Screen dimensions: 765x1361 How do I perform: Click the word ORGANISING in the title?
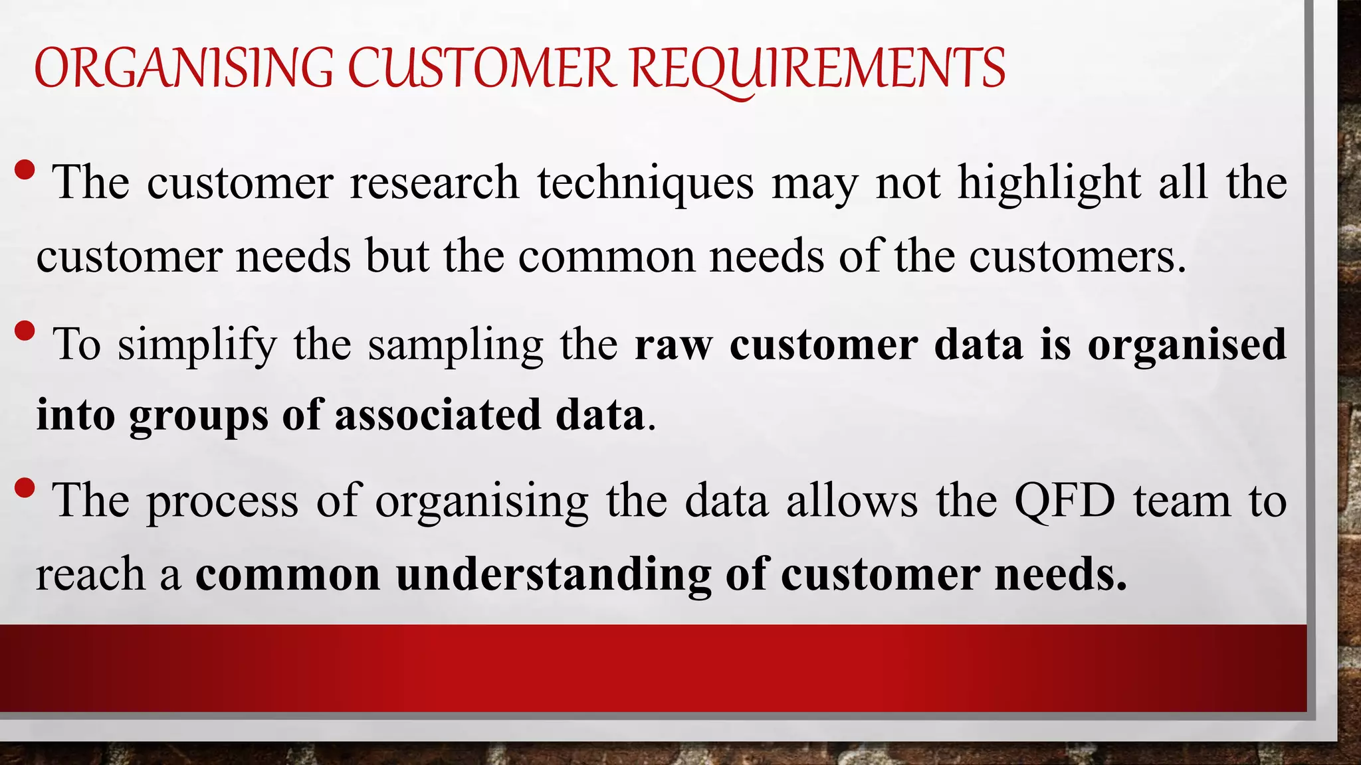point(183,68)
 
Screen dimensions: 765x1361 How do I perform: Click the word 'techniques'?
point(646,182)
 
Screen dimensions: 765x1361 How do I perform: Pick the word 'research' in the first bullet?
point(435,182)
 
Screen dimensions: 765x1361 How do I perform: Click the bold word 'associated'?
point(438,415)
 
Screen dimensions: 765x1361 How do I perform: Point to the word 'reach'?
point(90,574)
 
